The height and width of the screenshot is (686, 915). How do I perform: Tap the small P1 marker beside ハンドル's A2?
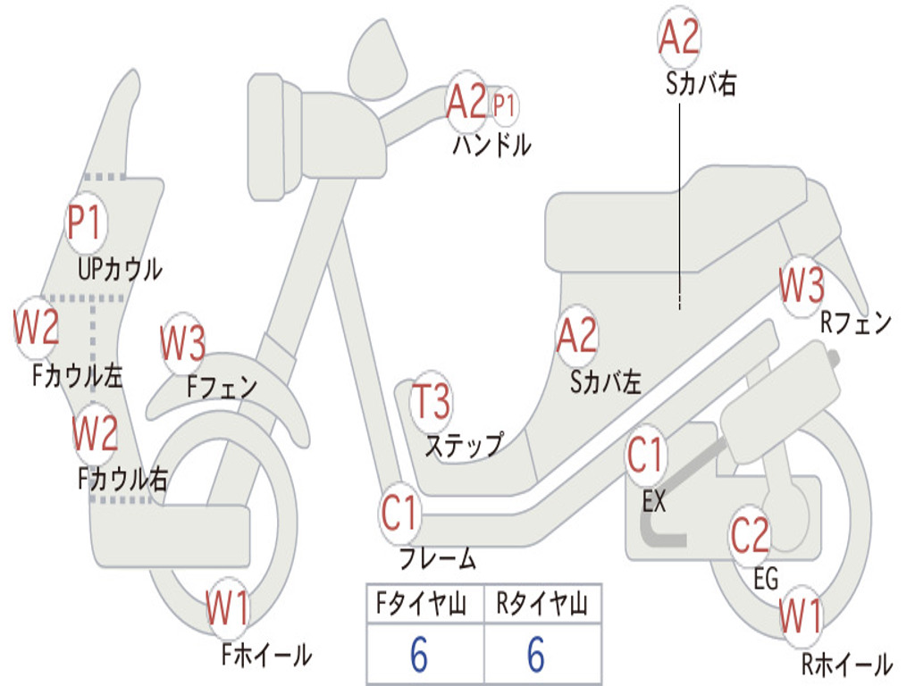505,106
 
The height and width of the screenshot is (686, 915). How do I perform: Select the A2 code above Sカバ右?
678,38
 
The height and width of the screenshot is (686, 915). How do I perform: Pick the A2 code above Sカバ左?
576,336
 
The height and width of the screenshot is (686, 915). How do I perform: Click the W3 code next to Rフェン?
801,287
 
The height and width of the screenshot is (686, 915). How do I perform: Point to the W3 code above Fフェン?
183,343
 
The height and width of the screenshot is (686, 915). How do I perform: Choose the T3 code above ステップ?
432,403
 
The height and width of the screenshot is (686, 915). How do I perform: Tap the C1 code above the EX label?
645,456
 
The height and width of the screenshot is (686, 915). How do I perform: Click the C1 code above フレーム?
400,514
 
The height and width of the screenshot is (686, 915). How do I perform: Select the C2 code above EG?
751,535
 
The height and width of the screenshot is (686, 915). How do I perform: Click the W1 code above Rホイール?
801,616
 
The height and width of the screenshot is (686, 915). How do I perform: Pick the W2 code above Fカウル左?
37,328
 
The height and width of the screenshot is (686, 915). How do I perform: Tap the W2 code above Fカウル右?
96,434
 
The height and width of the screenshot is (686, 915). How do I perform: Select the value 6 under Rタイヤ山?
536,655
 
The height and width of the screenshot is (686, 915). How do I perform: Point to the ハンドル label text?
491,146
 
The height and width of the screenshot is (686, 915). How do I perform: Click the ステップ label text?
464,445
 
